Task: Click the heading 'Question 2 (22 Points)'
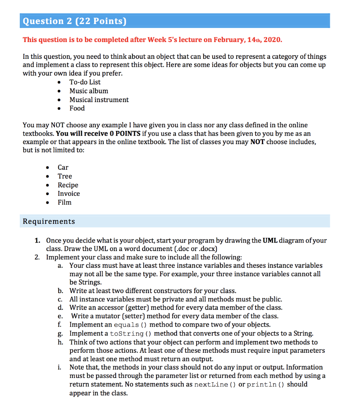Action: pyautogui.click(x=74, y=21)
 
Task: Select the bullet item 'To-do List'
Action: pyautogui.click(x=85, y=82)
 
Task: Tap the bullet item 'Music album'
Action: pyautogui.click(x=88, y=91)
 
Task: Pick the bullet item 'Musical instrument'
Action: pyautogui.click(x=99, y=100)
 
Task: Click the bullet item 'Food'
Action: pyautogui.click(x=77, y=108)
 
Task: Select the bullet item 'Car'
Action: pyautogui.click(x=63, y=167)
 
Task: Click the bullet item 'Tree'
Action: pyautogui.click(x=64, y=176)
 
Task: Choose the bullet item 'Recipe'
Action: pyautogui.click(x=68, y=185)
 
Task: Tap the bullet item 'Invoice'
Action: pyautogui.click(x=68, y=193)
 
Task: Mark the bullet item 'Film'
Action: pyautogui.click(x=64, y=202)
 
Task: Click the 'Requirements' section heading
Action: pyautogui.click(x=49, y=221)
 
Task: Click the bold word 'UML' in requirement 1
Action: pyautogui.click(x=270, y=241)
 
